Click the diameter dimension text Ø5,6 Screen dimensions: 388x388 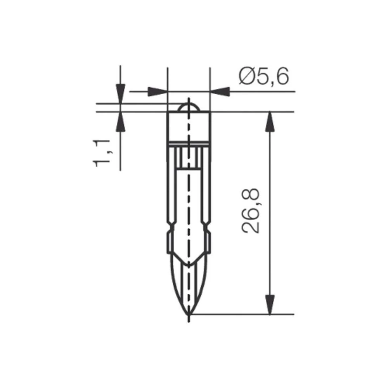(264, 76)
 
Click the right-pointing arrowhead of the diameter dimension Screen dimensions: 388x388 (158, 92)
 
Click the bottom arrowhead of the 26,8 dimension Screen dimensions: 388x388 (270, 304)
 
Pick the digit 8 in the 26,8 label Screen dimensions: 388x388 (251, 197)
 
